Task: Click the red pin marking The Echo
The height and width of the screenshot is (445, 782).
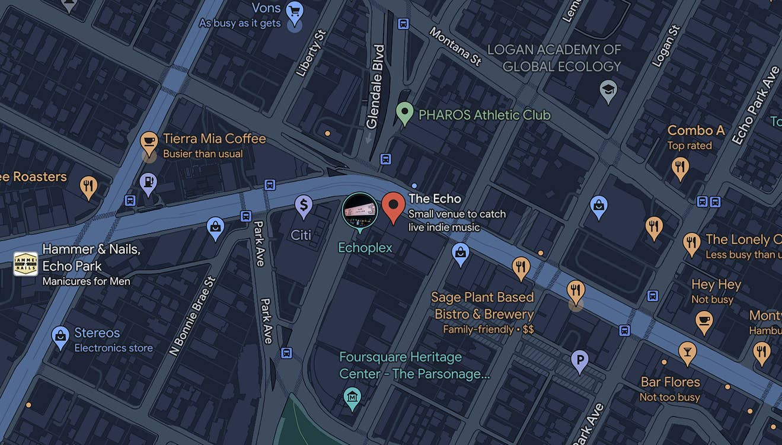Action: [x=393, y=206]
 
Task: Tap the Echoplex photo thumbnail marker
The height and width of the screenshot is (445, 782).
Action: [x=360, y=210]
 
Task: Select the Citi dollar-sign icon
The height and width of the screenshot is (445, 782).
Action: [x=304, y=206]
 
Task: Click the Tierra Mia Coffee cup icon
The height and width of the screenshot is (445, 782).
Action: [x=149, y=142]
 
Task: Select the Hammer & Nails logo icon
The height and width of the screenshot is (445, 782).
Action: [x=25, y=264]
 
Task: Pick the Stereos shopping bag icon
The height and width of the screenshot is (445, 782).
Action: [x=60, y=336]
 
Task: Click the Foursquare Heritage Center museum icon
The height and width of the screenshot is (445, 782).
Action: [x=352, y=395]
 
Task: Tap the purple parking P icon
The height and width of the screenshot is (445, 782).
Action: [x=579, y=360]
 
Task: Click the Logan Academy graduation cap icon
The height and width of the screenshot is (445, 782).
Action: [x=608, y=90]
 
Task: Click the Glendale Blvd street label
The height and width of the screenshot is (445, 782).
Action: [x=376, y=86]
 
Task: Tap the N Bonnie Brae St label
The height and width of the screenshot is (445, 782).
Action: [x=191, y=315]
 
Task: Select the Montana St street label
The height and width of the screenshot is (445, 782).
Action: [x=455, y=46]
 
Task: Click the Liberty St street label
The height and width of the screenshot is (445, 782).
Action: [x=311, y=53]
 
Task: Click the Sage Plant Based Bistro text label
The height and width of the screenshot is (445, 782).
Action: [x=483, y=306]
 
